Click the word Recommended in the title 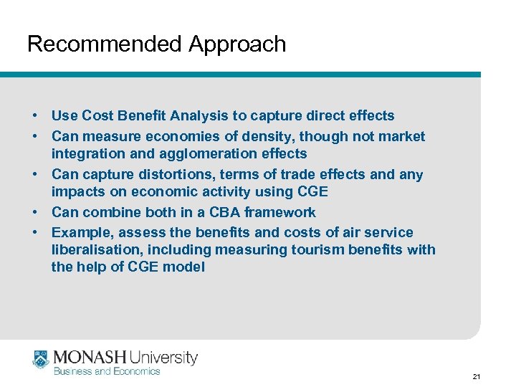point(105,44)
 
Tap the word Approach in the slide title point(237,44)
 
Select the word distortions point(168,174)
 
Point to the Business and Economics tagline point(107,371)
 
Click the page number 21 point(477,376)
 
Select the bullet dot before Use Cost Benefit point(34,115)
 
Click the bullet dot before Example point(34,232)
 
